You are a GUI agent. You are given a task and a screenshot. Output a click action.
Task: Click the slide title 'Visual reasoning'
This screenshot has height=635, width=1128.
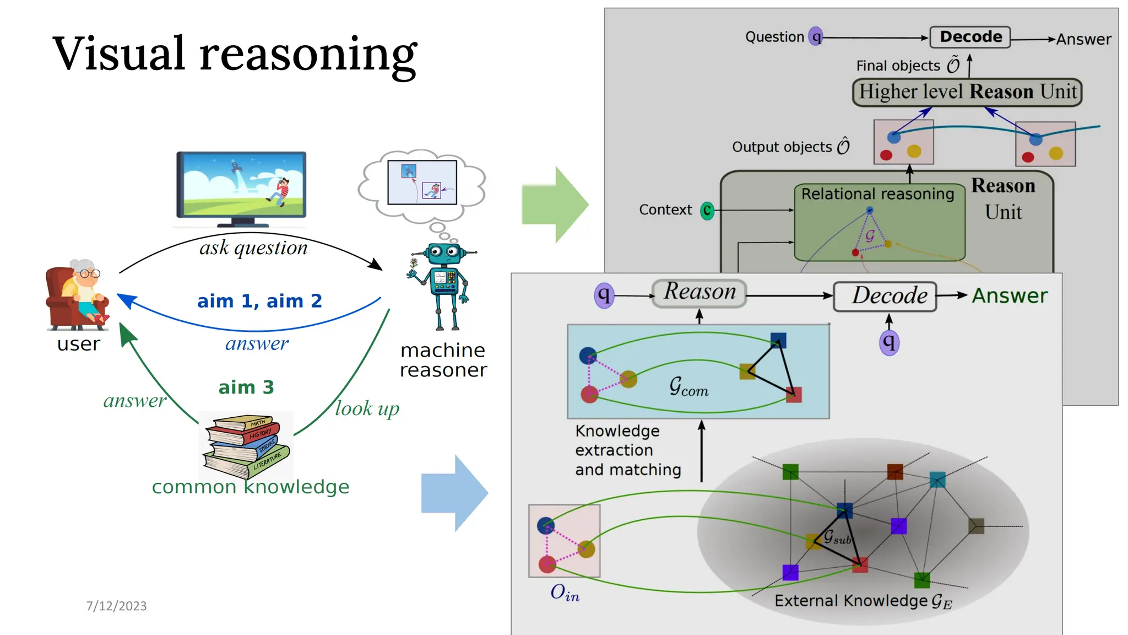pyautogui.click(x=235, y=53)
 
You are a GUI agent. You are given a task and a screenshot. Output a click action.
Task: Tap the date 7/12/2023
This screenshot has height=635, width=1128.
pyautogui.click(x=116, y=606)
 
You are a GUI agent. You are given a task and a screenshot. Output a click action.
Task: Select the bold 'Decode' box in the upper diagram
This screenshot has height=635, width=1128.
pyautogui.click(x=970, y=37)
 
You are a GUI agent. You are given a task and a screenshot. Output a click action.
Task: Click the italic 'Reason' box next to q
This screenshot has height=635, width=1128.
pyautogui.click(x=699, y=292)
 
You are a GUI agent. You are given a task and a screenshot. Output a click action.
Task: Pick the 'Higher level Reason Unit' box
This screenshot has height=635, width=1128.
pyautogui.click(x=967, y=92)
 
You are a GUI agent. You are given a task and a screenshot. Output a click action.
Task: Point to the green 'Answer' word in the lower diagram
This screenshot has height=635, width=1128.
pyautogui.click(x=1009, y=296)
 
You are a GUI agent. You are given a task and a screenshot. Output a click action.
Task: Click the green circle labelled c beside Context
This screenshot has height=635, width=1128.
pyautogui.click(x=707, y=210)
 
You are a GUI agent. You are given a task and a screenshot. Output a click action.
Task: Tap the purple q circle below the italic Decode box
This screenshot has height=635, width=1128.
pyautogui.click(x=889, y=342)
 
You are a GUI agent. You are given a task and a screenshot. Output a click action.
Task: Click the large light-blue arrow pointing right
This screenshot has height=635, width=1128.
pyautogui.click(x=454, y=493)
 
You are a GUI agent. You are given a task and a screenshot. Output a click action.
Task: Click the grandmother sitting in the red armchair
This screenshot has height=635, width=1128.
pyautogui.click(x=78, y=295)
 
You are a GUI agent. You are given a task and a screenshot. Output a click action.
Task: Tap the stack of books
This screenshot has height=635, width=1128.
pyautogui.click(x=247, y=446)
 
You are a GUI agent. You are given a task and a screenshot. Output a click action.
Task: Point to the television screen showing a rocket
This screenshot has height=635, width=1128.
pyautogui.click(x=241, y=186)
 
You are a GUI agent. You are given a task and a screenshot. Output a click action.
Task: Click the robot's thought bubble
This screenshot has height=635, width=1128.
pyautogui.click(x=422, y=184)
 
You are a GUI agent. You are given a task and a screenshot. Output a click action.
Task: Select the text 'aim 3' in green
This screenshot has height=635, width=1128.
pyautogui.click(x=246, y=388)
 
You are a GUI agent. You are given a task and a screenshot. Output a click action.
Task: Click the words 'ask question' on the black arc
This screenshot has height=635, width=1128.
pyautogui.click(x=253, y=248)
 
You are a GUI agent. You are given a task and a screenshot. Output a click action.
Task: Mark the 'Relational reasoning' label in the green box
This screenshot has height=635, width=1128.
pyautogui.click(x=877, y=194)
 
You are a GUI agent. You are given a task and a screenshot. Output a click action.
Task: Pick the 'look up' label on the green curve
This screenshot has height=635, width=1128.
pyautogui.click(x=367, y=409)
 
